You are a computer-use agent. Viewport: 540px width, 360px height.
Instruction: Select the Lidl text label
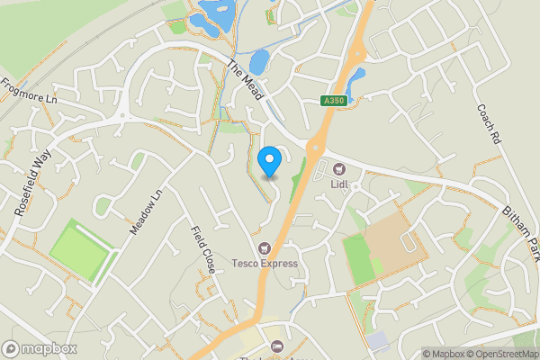339,184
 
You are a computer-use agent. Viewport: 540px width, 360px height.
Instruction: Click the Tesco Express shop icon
264,247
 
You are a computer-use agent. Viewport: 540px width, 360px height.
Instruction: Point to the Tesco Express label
264,264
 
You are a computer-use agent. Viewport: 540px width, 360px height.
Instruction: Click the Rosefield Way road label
34,180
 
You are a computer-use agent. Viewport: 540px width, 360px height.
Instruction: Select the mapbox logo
38,348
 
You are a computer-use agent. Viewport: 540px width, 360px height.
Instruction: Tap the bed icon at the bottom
277,346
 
